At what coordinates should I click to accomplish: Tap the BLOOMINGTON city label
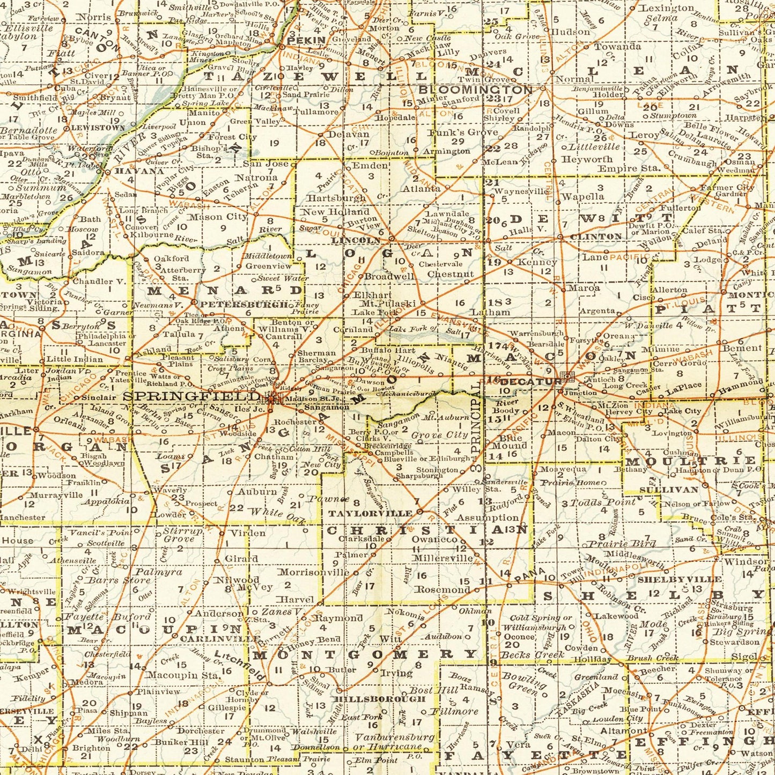point(475,90)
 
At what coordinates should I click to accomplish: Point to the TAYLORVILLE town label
point(370,513)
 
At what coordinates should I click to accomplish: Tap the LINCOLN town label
point(356,241)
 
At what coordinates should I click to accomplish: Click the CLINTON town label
point(596,237)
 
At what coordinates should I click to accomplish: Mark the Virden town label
point(248,533)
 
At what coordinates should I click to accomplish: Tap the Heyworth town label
point(587,159)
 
